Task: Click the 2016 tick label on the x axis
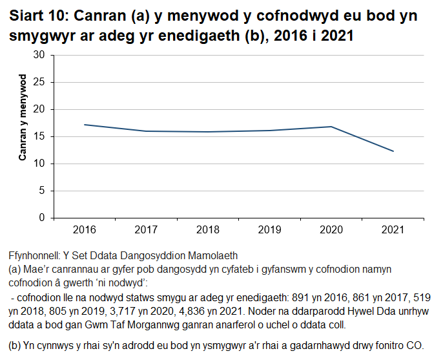pos(85,229)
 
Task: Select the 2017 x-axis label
pos(147,229)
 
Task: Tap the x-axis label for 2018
pos(208,229)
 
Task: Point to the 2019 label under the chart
pos(270,229)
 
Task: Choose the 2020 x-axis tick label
pos(331,229)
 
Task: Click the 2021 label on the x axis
pos(393,229)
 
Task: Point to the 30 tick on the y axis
pos(39,55)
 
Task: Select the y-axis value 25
pos(39,82)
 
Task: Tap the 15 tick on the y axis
pos(39,136)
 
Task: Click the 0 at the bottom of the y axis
pos(42,218)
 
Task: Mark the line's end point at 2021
pos(393,151)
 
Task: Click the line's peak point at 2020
pos(331,127)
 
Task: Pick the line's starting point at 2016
pos(85,125)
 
